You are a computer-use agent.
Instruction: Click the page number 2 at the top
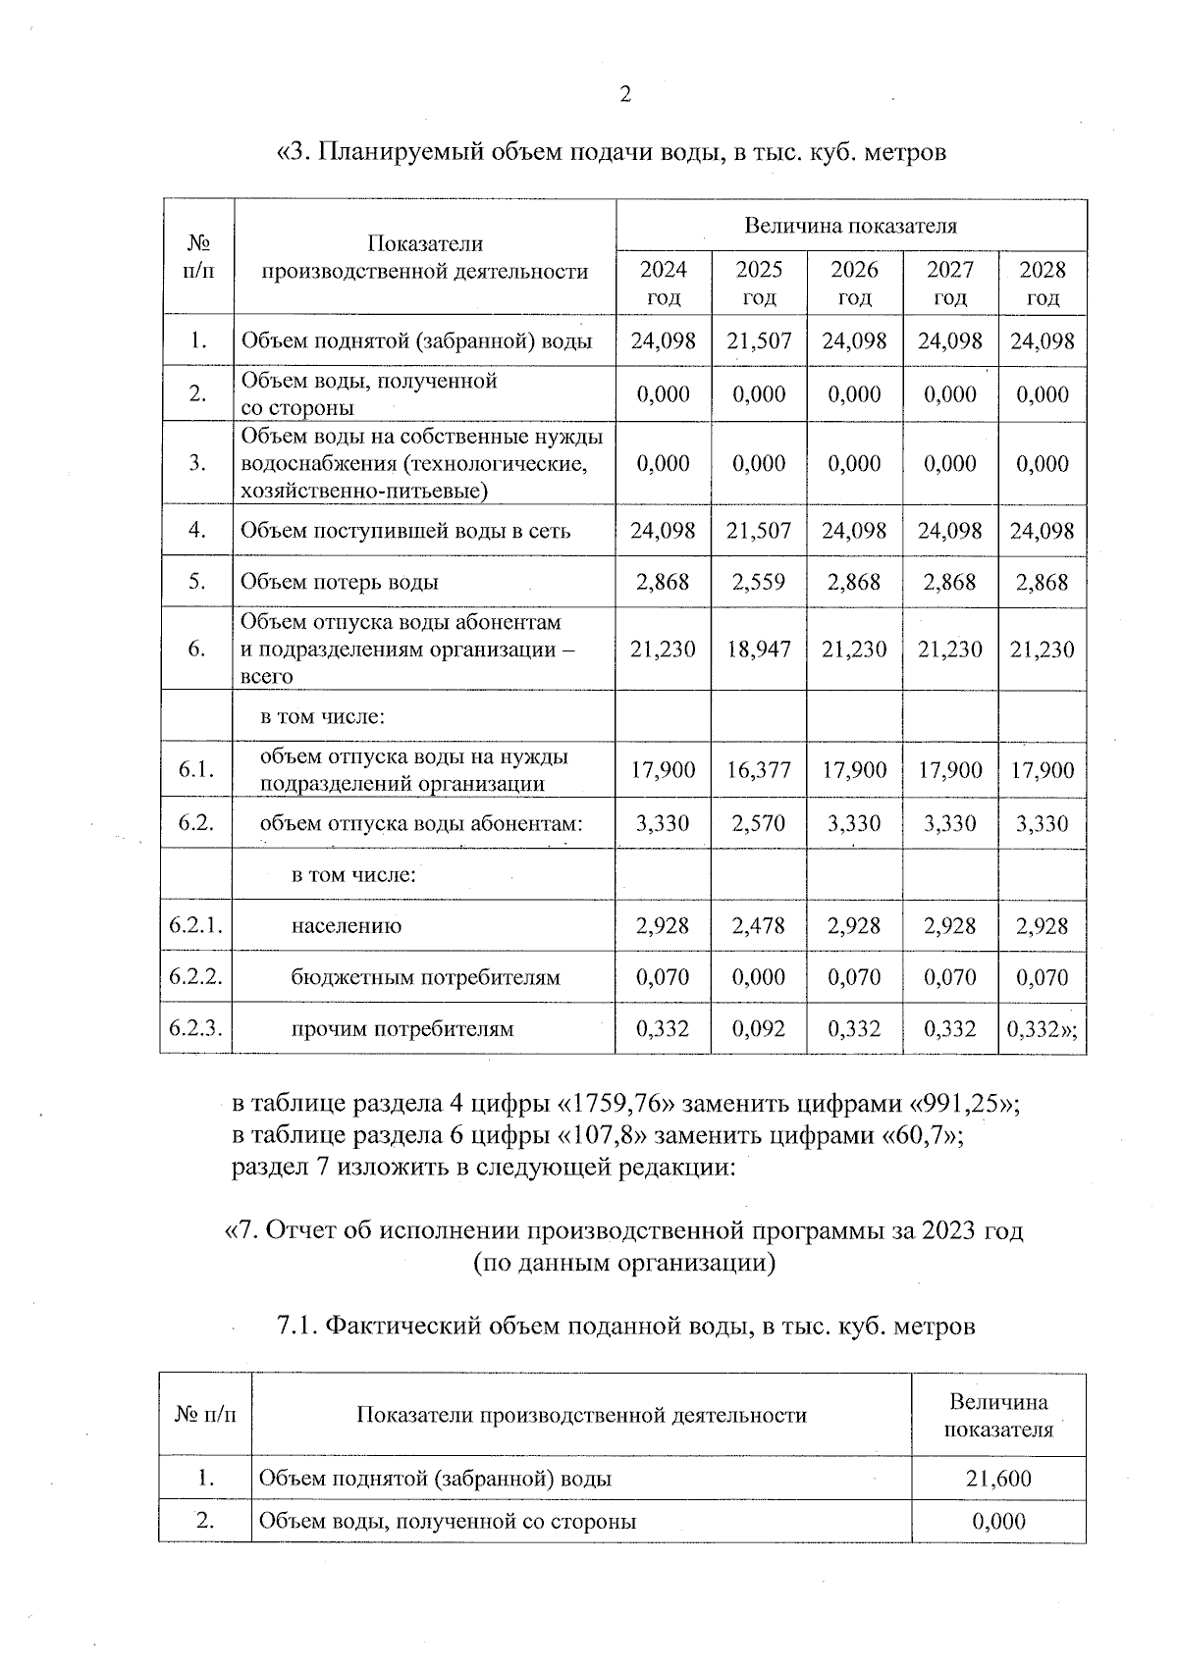click(x=625, y=95)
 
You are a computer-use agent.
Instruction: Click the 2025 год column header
click(x=759, y=283)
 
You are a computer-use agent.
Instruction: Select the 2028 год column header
click(x=1042, y=283)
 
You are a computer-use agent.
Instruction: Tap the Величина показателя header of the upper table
click(x=850, y=226)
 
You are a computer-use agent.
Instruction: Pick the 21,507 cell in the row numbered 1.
click(x=759, y=341)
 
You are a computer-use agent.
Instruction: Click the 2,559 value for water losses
click(x=759, y=582)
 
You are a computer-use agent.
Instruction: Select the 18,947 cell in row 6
click(x=759, y=650)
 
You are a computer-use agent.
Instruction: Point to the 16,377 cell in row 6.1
click(x=759, y=770)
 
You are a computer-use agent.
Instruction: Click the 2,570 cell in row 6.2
click(x=759, y=824)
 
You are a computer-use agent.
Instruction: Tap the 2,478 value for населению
click(x=759, y=926)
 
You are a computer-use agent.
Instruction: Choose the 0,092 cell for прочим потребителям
click(x=759, y=1029)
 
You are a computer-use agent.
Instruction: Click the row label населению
click(x=346, y=926)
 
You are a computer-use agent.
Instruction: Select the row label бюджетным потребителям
click(x=425, y=978)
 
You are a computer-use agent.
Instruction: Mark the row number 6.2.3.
click(x=196, y=1029)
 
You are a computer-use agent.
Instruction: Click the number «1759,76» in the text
click(x=618, y=1104)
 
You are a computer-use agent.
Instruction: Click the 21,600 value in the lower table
click(x=998, y=1479)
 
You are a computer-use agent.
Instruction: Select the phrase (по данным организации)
click(x=624, y=1263)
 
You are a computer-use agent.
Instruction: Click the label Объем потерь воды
click(x=340, y=582)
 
